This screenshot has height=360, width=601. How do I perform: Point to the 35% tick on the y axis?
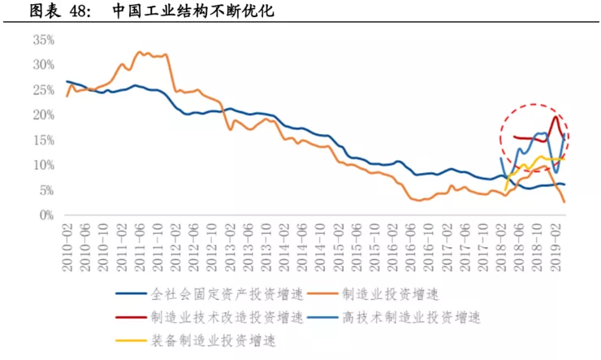pos(43,39)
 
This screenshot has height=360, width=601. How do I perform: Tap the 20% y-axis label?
pos(43,115)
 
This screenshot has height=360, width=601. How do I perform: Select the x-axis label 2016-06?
pos(410,242)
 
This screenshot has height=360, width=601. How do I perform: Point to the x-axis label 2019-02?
pos(555,242)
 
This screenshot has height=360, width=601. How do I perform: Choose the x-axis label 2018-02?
pos(500,242)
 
